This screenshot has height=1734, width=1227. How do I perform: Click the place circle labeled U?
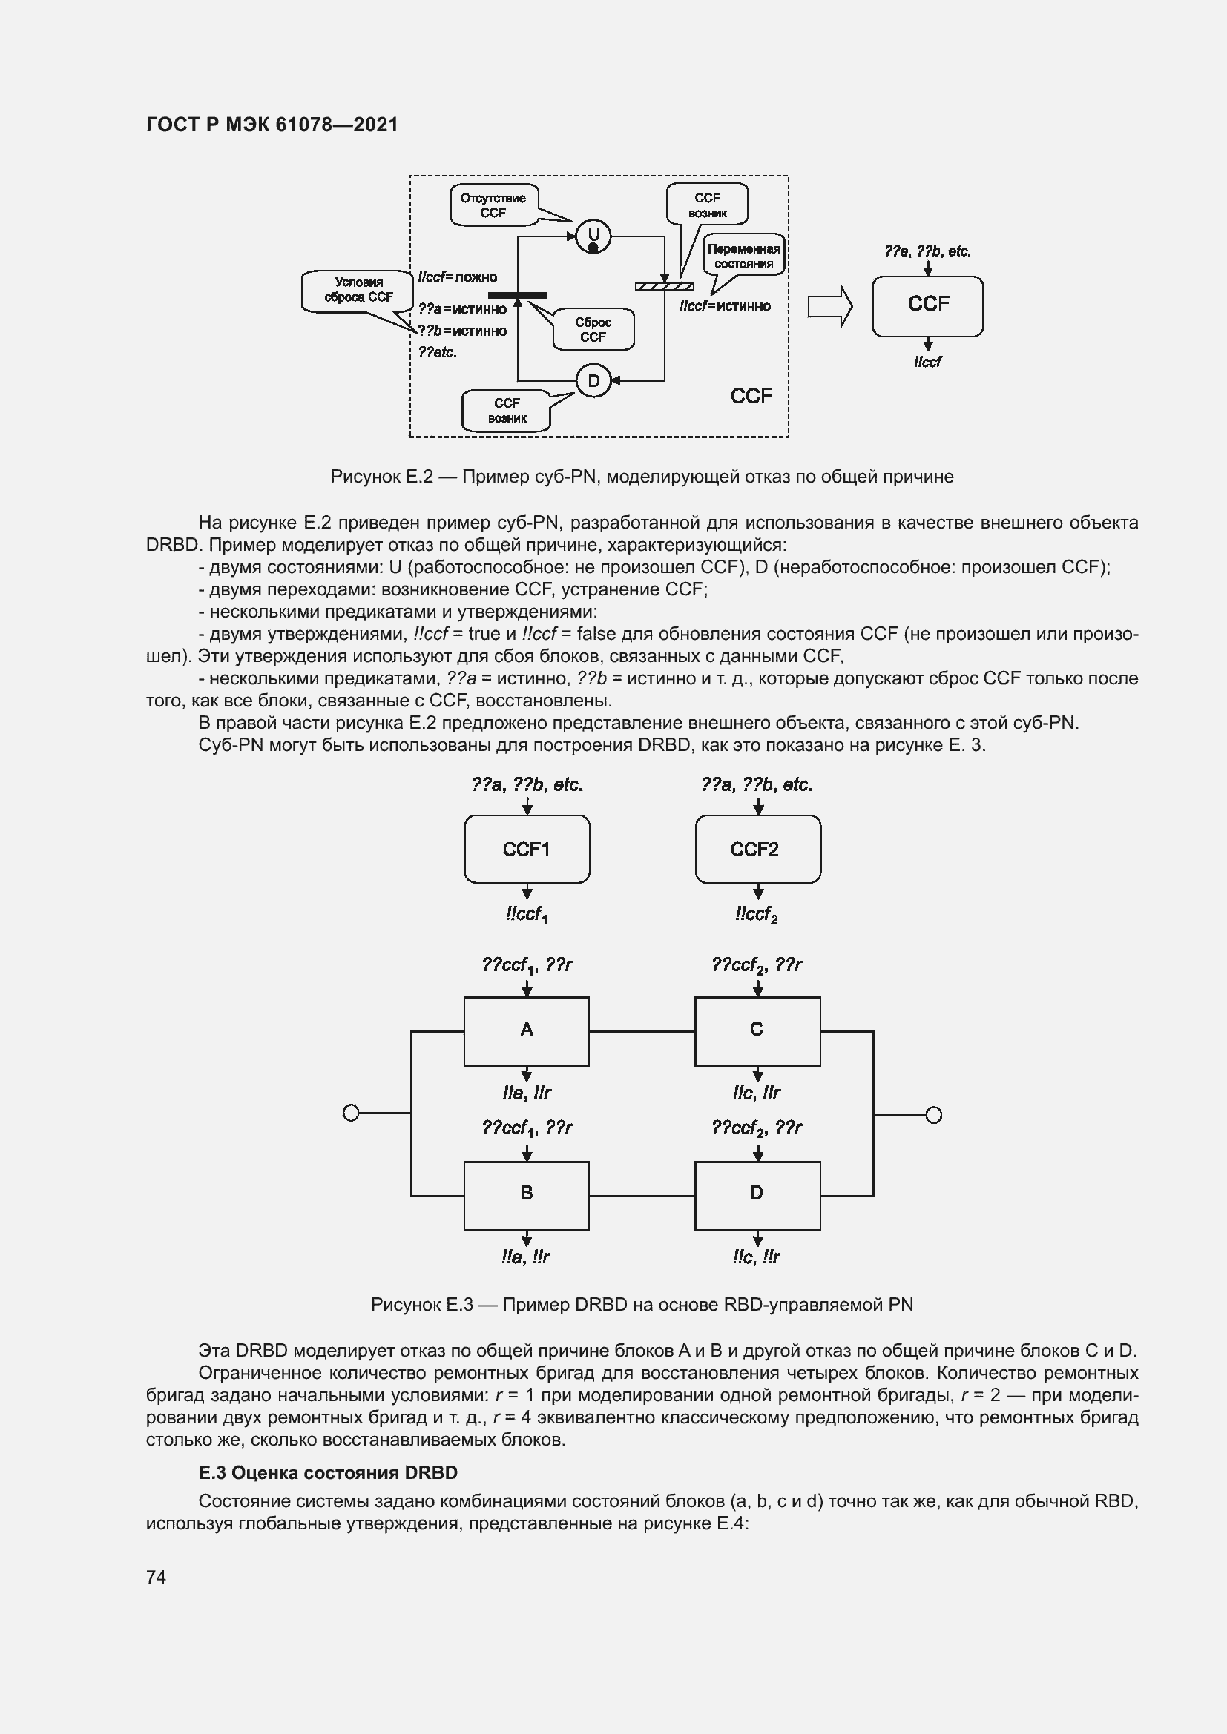593,236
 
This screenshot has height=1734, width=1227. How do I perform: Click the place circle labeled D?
593,380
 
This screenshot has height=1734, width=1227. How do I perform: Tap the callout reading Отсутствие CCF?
493,205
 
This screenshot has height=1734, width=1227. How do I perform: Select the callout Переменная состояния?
743,256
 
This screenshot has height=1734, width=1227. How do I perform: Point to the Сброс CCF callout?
593,329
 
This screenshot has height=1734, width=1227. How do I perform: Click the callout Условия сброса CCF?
358,290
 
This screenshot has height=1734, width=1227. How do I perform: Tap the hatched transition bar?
664,285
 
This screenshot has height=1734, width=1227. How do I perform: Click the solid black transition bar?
518,295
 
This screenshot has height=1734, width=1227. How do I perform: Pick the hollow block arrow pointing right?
829,307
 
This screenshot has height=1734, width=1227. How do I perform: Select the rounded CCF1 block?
527,849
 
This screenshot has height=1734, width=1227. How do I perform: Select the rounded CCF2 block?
757,849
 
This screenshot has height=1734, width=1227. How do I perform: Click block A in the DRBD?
527,1031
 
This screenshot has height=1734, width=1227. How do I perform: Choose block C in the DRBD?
757,1031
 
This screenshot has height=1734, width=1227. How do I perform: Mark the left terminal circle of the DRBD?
351,1113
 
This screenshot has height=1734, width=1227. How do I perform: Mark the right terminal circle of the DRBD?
934,1116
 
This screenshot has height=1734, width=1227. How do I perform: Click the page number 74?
157,1577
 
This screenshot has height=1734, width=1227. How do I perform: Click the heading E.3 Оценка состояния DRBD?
328,1473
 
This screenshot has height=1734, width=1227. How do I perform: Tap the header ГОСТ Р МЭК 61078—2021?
272,125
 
